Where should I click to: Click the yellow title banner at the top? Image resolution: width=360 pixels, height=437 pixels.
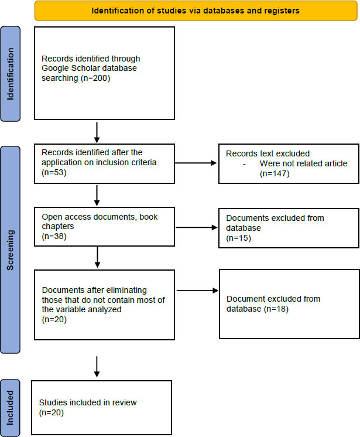pyautogui.click(x=196, y=11)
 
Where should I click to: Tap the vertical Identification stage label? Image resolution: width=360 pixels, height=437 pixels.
pyautogui.click(x=11, y=74)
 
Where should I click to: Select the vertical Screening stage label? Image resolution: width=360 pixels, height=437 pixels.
pyautogui.click(x=11, y=250)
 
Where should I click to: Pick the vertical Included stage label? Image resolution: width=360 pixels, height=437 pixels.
pyautogui.click(x=11, y=408)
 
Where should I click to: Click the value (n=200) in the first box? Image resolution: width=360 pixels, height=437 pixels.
pyautogui.click(x=95, y=78)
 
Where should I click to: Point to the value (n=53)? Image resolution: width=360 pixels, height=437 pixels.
pyautogui.click(x=54, y=172)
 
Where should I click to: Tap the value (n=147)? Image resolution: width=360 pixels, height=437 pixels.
pyautogui.click(x=275, y=173)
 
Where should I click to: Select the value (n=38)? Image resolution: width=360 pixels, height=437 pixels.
pyautogui.click(x=54, y=236)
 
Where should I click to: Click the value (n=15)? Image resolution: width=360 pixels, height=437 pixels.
pyautogui.click(x=239, y=238)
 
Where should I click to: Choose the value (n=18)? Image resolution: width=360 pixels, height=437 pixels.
pyautogui.click(x=276, y=309)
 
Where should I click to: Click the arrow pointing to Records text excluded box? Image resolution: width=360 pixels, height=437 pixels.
pyautogui.click(x=196, y=163)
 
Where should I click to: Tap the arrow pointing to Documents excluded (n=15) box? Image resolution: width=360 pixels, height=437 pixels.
pyautogui.click(x=196, y=228)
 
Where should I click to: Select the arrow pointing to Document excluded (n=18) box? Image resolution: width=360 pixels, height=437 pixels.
pyautogui.click(x=197, y=291)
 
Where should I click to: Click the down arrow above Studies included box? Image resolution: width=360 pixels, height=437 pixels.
pyautogui.click(x=97, y=367)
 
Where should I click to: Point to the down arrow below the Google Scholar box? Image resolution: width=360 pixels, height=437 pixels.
pyautogui.click(x=97, y=132)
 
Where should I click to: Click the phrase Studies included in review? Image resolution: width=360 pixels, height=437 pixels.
pyautogui.click(x=88, y=402)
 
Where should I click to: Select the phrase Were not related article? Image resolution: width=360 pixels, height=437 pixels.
pyautogui.click(x=303, y=163)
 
